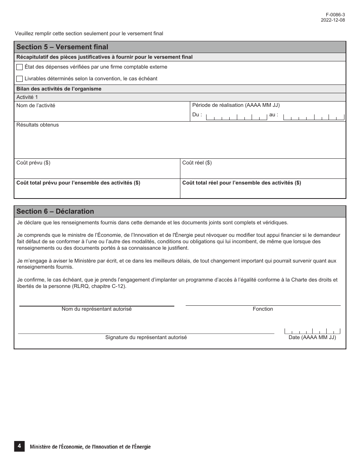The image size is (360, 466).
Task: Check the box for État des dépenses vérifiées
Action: pyautogui.click(x=20, y=67)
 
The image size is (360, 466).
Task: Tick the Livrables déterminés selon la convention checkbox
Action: pyautogui.click(x=20, y=79)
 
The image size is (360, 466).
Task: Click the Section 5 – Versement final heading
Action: pyautogui.click(x=62, y=47)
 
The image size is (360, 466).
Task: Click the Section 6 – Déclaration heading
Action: pyautogui.click(x=55, y=211)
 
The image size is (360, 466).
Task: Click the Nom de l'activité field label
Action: pyautogui.click(x=36, y=106)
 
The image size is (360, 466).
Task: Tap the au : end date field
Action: pyautogui.click(x=314, y=117)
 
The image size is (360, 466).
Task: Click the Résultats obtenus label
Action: pyautogui.click(x=38, y=125)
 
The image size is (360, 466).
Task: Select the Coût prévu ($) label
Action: pyautogui.click(x=33, y=163)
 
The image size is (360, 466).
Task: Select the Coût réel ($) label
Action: pyautogui.click(x=197, y=163)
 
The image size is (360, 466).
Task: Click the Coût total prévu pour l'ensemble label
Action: pyautogui.click(x=78, y=183)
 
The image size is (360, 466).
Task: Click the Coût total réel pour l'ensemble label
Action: pyautogui.click(x=241, y=183)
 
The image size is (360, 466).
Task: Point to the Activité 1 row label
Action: pyautogui.click(x=27, y=97)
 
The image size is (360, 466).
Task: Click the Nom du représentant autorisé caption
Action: pyautogui.click(x=97, y=309)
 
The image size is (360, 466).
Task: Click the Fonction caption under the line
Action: pyautogui.click(x=263, y=309)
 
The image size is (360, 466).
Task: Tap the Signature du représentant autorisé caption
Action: pyautogui.click(x=146, y=337)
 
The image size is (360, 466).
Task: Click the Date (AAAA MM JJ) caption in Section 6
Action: pyautogui.click(x=312, y=337)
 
